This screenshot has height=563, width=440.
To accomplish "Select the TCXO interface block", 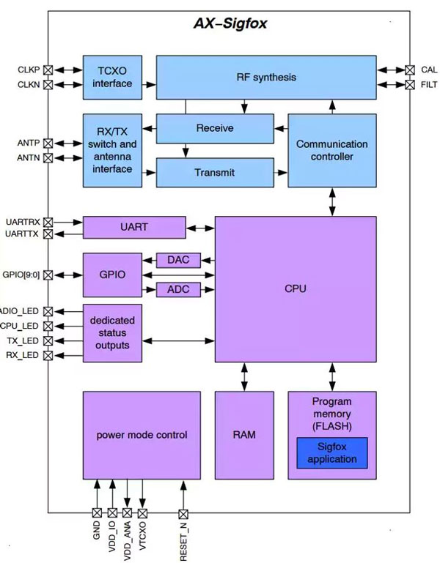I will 112,77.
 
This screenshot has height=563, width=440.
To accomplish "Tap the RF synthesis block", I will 266,77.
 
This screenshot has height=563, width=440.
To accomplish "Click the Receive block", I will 215,128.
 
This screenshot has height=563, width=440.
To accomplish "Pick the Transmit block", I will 215,173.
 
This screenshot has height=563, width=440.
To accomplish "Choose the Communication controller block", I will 331,150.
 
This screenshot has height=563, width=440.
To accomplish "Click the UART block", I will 134,227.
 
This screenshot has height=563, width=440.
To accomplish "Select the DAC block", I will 178,261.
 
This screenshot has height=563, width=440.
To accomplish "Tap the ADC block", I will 178,290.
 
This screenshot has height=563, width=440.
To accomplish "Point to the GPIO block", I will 112,275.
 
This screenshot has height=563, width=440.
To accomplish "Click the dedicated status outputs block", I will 112,333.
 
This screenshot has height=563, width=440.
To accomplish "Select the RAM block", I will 243,435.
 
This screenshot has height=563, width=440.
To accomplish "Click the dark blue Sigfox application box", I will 332,453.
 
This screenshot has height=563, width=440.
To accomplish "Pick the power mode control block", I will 142,435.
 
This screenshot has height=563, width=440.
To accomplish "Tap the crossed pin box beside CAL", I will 409,70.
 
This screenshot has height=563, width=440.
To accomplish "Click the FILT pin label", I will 430,85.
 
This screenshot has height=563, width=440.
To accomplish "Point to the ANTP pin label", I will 29,143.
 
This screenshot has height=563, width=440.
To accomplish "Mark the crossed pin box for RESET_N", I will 183,513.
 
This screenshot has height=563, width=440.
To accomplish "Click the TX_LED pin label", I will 29,340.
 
